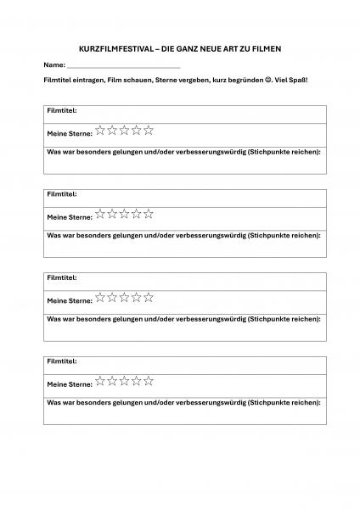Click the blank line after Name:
pos(123,65)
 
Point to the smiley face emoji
pos(268,79)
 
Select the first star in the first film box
pos(100,130)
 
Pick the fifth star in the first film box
pos(149,130)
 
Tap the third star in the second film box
pos(124,214)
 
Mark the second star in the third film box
pos(112,297)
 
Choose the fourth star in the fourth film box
pos(137,381)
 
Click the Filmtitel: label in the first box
pos(62,111)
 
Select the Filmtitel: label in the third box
pos(62,277)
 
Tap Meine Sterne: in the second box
pos(70,217)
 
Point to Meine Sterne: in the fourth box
pos(70,384)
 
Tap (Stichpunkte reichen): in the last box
pos(283,401)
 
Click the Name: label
pos(53,64)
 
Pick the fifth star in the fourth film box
pos(149,381)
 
